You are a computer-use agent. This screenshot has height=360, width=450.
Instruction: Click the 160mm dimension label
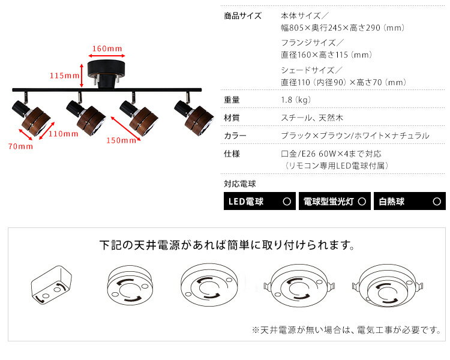point(107,49)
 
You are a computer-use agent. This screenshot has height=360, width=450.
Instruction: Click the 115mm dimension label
point(65,76)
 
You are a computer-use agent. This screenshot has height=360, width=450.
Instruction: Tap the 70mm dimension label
point(20,146)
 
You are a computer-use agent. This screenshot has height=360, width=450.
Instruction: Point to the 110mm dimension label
point(64,134)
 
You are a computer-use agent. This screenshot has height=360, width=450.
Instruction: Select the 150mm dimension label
point(121,140)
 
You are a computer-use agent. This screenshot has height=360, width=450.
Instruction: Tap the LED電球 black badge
point(260,201)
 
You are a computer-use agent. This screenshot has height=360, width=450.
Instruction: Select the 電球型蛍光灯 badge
point(335,201)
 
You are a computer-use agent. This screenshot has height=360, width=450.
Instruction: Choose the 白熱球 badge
point(410,201)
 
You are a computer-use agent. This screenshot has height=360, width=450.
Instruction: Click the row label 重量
point(232,100)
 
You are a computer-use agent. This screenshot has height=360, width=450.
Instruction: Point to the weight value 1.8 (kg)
point(296,100)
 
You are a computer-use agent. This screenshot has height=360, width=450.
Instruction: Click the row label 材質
point(232,118)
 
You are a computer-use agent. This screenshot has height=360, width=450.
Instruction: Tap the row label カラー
point(235,136)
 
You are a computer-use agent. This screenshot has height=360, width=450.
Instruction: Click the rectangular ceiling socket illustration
point(52,285)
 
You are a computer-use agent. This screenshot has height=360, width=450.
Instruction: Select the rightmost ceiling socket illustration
point(388,287)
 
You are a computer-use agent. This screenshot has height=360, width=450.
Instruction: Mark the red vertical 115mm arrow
point(82,76)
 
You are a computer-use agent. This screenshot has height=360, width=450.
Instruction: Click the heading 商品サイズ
point(243,16)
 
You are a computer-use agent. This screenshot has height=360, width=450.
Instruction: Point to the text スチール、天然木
point(312,118)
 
